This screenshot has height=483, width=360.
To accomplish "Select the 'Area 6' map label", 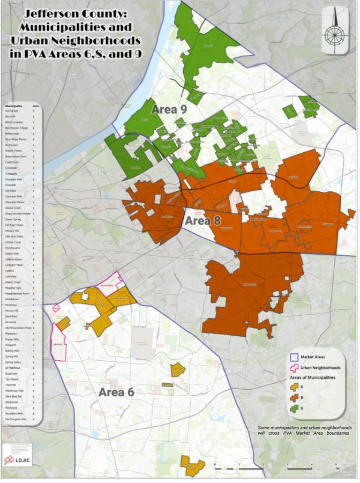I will point(116,392).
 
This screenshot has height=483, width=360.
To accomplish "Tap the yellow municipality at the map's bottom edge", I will point(192,465).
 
